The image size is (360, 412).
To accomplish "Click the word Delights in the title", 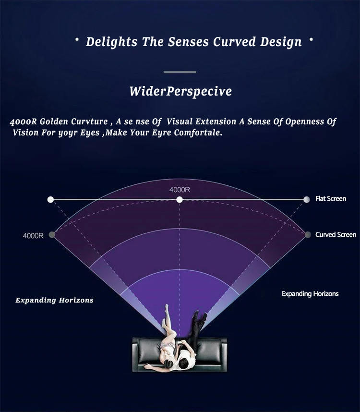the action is pos(111,42).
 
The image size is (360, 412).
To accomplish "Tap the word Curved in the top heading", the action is pos(234,41).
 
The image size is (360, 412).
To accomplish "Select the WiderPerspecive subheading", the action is pos(180,91).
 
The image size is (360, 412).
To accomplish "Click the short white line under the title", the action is pos(180,72).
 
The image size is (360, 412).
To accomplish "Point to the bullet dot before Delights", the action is pos(77,40).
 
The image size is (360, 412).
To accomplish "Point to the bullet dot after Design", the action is pos(311,40).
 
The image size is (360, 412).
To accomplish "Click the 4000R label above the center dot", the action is pos(180,190).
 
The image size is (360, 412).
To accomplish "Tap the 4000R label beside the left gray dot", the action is pos(33,236).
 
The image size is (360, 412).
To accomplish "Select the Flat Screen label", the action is pos(331,199).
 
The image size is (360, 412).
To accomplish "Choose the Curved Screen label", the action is pos(336,235).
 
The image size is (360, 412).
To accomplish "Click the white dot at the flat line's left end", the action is pos(51,200).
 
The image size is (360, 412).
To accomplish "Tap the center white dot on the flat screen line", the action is pos(180,200).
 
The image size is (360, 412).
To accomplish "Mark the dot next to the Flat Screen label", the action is pos(306,200).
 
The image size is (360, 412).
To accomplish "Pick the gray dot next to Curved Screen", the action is pos(308,235).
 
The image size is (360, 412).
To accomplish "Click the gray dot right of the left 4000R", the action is pos(52,235).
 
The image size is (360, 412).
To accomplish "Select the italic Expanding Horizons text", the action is pos(54,300).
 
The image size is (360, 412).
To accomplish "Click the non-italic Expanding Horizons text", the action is pos(310,294).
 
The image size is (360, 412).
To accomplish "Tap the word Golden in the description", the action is pos(54,121).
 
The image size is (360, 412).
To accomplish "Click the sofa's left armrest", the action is pos(135,355).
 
